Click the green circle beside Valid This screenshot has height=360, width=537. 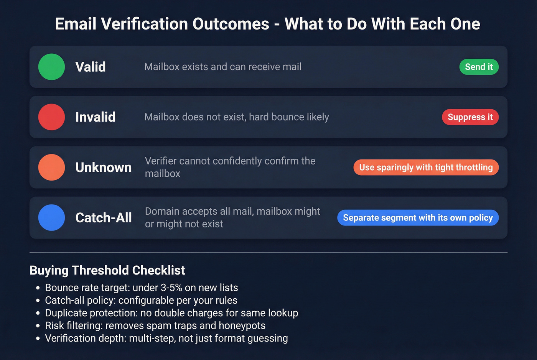coord(51,67)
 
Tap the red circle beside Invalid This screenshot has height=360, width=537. coord(51,117)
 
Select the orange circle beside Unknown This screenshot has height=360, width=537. coord(51,167)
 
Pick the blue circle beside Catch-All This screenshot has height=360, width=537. coord(51,217)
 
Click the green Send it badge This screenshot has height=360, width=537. coord(479,67)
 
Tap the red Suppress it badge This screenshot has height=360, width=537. coord(470,117)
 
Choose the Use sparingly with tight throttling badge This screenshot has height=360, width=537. coord(426,167)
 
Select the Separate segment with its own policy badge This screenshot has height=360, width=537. coord(418,217)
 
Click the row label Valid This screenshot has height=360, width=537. coord(91,67)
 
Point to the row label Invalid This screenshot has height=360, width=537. coord(96,117)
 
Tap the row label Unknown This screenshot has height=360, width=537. coord(104,167)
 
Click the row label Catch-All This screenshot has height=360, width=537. coord(104,217)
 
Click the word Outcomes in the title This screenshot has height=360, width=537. coord(231,24)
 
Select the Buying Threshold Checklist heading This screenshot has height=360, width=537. coord(107,270)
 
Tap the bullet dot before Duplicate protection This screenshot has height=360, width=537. coord(38,313)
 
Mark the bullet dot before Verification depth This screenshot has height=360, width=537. coord(38,339)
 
